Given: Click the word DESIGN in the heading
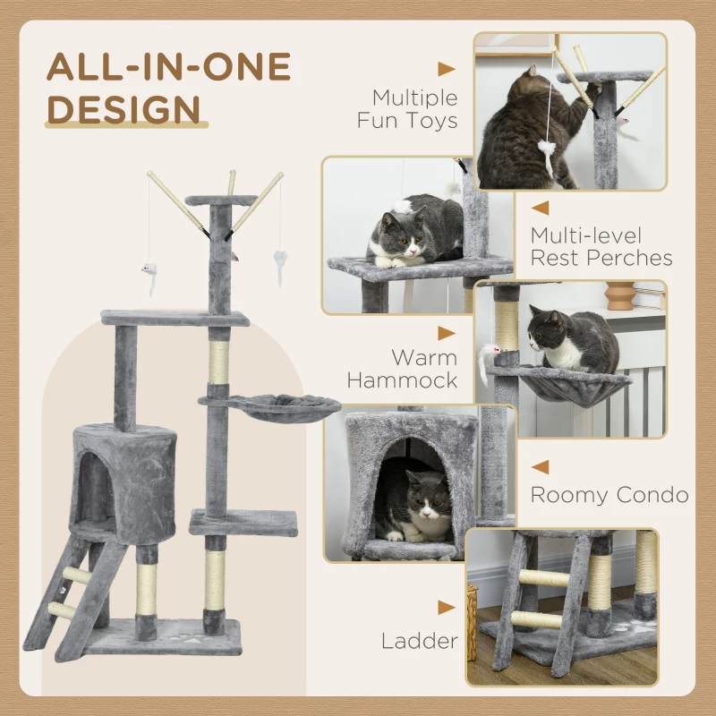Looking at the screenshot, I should (124, 108).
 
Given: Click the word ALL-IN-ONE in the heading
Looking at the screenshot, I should (169, 67).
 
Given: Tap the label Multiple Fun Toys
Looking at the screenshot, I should (407, 108).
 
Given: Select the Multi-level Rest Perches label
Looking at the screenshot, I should (601, 247).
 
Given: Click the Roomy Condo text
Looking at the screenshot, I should (609, 495).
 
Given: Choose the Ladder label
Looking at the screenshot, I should (419, 640).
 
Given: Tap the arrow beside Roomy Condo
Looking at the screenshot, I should (540, 466).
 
